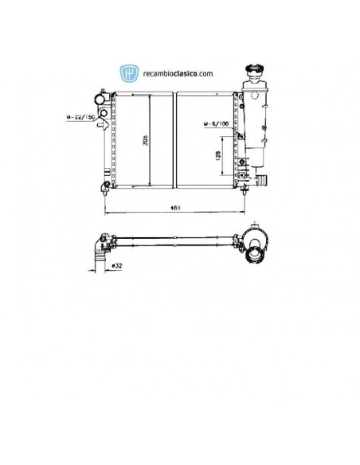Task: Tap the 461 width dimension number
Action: [x=174, y=208]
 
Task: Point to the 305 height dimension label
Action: [x=144, y=140]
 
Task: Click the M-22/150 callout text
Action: [x=82, y=118]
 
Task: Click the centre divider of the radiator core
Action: [x=173, y=140]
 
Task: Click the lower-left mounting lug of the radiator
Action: [x=107, y=186]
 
